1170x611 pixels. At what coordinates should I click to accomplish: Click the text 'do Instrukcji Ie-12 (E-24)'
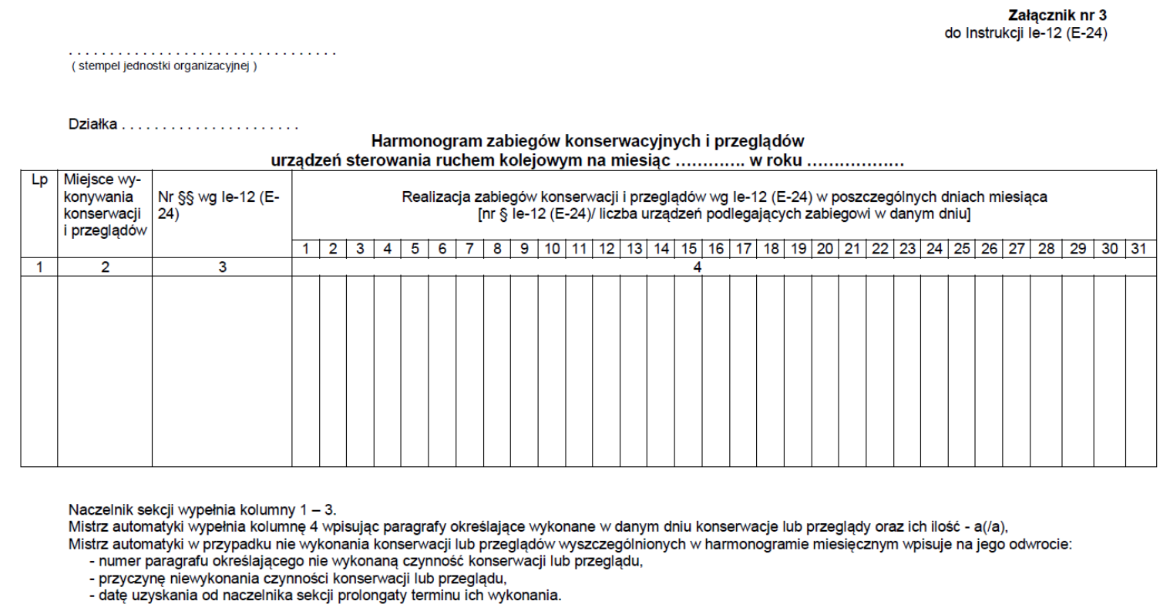point(1026,33)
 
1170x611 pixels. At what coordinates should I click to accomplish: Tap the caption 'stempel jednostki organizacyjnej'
point(164,65)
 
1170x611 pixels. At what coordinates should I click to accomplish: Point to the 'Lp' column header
point(39,180)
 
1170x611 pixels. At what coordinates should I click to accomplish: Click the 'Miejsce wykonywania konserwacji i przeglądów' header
point(105,204)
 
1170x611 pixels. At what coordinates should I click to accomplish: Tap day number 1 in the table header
point(306,248)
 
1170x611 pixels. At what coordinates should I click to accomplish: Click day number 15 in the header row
point(688,248)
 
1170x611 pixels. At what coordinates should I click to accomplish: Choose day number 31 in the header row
point(1139,248)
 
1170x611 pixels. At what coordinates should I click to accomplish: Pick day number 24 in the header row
point(934,248)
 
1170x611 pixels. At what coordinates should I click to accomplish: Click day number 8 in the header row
point(497,248)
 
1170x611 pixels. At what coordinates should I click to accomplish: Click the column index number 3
point(222,267)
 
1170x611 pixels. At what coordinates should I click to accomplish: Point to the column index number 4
point(697,267)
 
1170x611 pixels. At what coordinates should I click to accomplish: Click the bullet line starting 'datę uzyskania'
point(324,596)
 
